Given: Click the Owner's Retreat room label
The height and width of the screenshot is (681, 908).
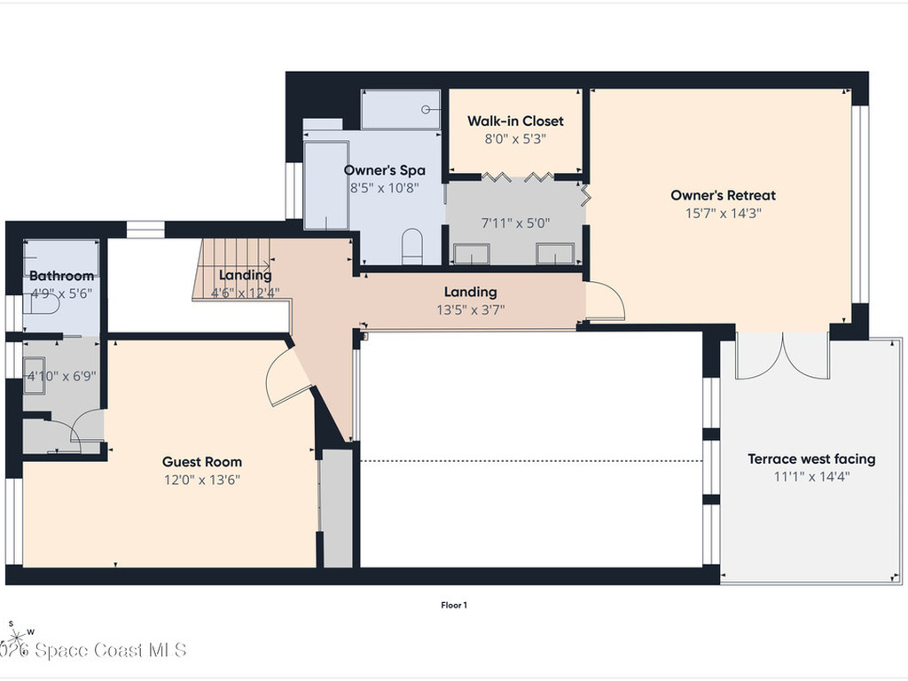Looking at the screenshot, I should [x=723, y=195].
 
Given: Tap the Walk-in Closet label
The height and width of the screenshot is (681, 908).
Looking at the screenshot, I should [x=515, y=121].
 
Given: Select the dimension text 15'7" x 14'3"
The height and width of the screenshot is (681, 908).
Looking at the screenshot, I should [x=723, y=213].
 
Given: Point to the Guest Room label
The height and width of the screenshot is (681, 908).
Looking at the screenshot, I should [x=201, y=461].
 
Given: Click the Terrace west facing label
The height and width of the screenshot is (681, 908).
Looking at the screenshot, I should [x=811, y=458].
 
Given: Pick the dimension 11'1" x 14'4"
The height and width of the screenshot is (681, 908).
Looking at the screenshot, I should [x=811, y=476].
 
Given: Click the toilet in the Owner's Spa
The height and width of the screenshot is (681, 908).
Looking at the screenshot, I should [x=412, y=247].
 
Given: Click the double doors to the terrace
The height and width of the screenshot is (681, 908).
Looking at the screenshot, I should [x=782, y=356].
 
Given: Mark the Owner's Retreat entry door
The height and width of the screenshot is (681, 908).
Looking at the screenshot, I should [x=605, y=301].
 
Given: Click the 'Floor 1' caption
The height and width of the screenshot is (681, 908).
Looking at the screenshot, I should [x=454, y=606].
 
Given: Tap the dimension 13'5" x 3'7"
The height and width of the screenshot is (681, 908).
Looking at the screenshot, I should [x=470, y=309].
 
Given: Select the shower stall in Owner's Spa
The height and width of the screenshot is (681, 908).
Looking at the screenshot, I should [x=401, y=110].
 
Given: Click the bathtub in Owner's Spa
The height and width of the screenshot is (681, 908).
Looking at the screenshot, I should [x=326, y=184].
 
